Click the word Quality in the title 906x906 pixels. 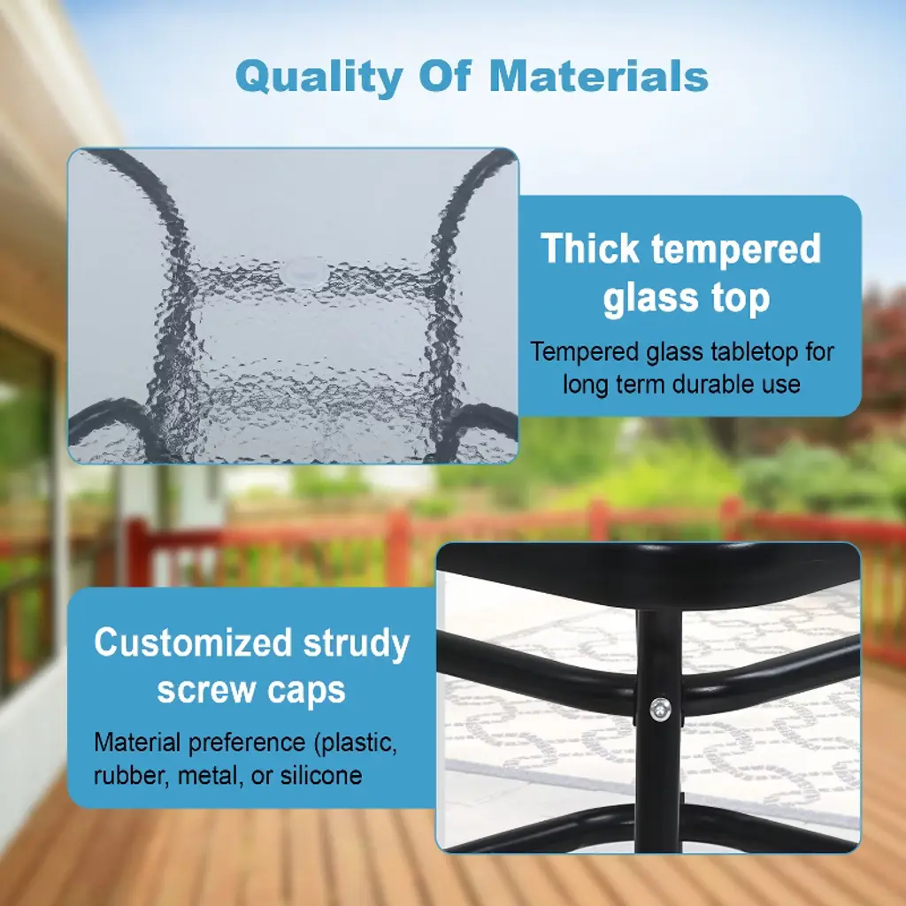click(319, 78)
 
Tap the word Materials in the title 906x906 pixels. click(599, 76)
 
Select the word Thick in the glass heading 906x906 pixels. click(590, 249)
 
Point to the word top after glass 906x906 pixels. click(741, 299)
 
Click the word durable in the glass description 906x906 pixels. click(673, 384)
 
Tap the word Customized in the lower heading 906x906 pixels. click(193, 642)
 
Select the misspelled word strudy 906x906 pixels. click(356, 645)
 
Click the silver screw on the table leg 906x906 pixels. click(660, 709)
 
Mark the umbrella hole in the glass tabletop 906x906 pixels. click(305, 272)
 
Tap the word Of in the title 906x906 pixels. click(445, 76)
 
